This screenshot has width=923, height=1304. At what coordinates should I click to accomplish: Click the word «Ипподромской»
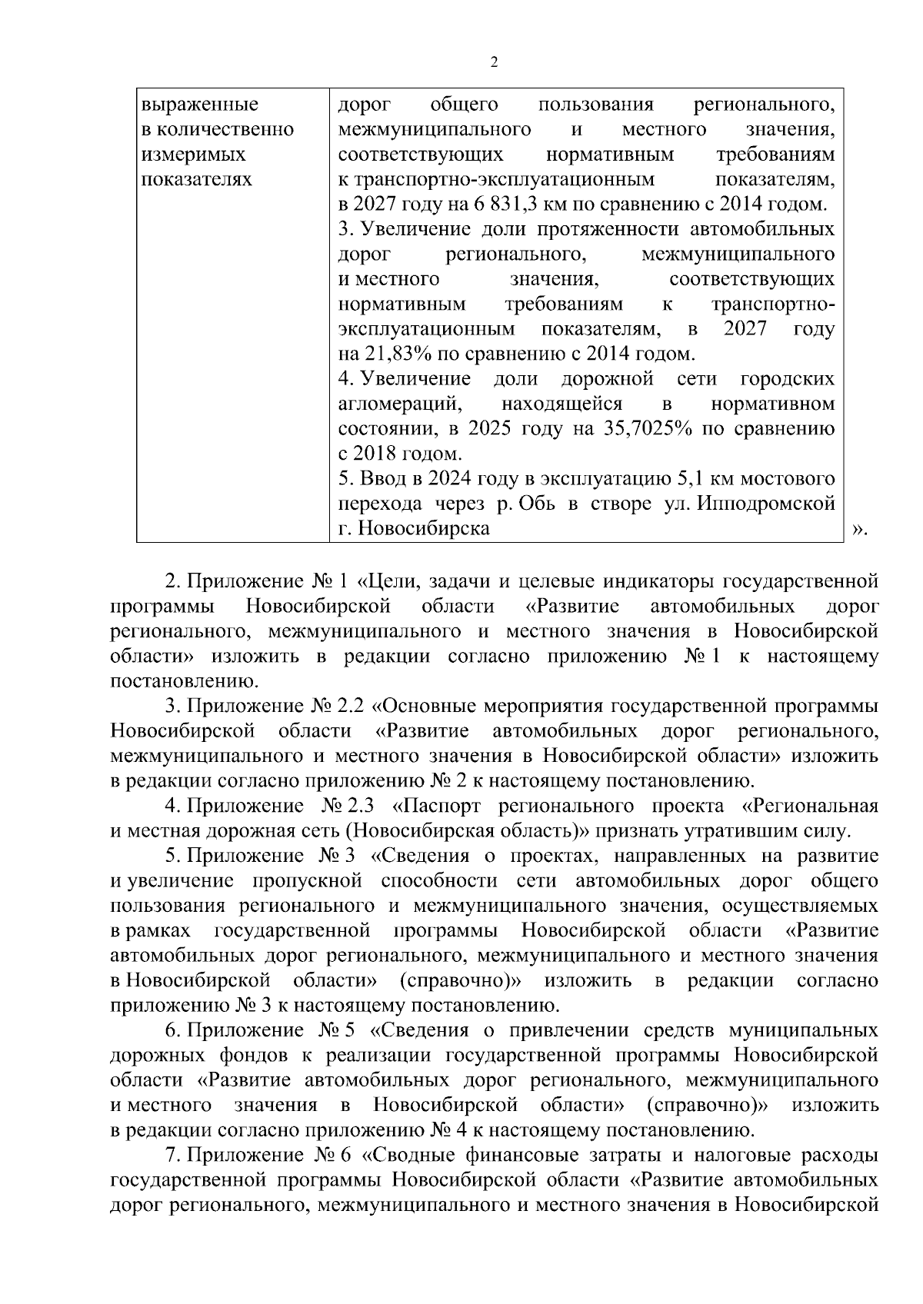[x=769, y=504]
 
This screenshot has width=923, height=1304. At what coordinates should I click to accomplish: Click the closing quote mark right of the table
[x=861, y=530]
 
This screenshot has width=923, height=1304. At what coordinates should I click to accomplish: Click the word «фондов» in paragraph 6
[x=258, y=1056]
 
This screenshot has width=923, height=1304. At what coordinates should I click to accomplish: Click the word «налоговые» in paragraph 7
[x=735, y=1156]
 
